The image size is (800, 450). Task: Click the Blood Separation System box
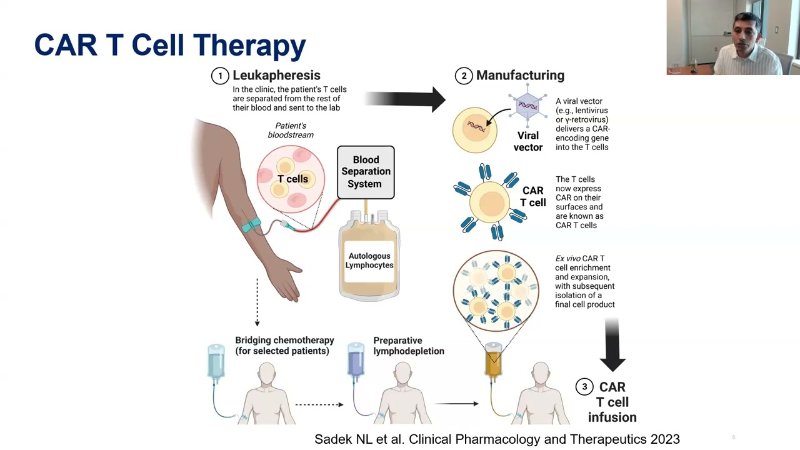coord(366,172)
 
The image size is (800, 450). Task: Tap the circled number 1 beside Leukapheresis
coord(219,76)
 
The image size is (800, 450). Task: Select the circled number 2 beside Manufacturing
coord(463,76)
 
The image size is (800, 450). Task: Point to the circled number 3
coord(584,387)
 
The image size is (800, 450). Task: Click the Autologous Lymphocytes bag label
coord(369,261)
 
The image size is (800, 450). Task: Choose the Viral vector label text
coord(527,141)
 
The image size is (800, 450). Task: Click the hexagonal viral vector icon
coord(527,107)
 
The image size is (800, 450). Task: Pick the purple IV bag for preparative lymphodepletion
coord(356,361)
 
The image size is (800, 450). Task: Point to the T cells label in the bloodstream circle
coord(292,179)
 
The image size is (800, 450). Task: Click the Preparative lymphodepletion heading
coord(409,346)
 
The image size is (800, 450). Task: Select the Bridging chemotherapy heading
coord(284,346)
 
